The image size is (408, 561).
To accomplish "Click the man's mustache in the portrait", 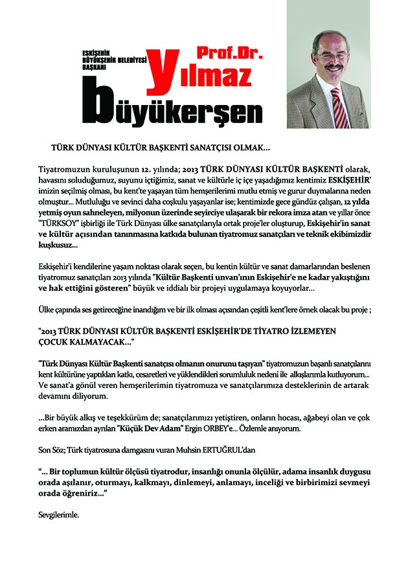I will click(333, 66).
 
